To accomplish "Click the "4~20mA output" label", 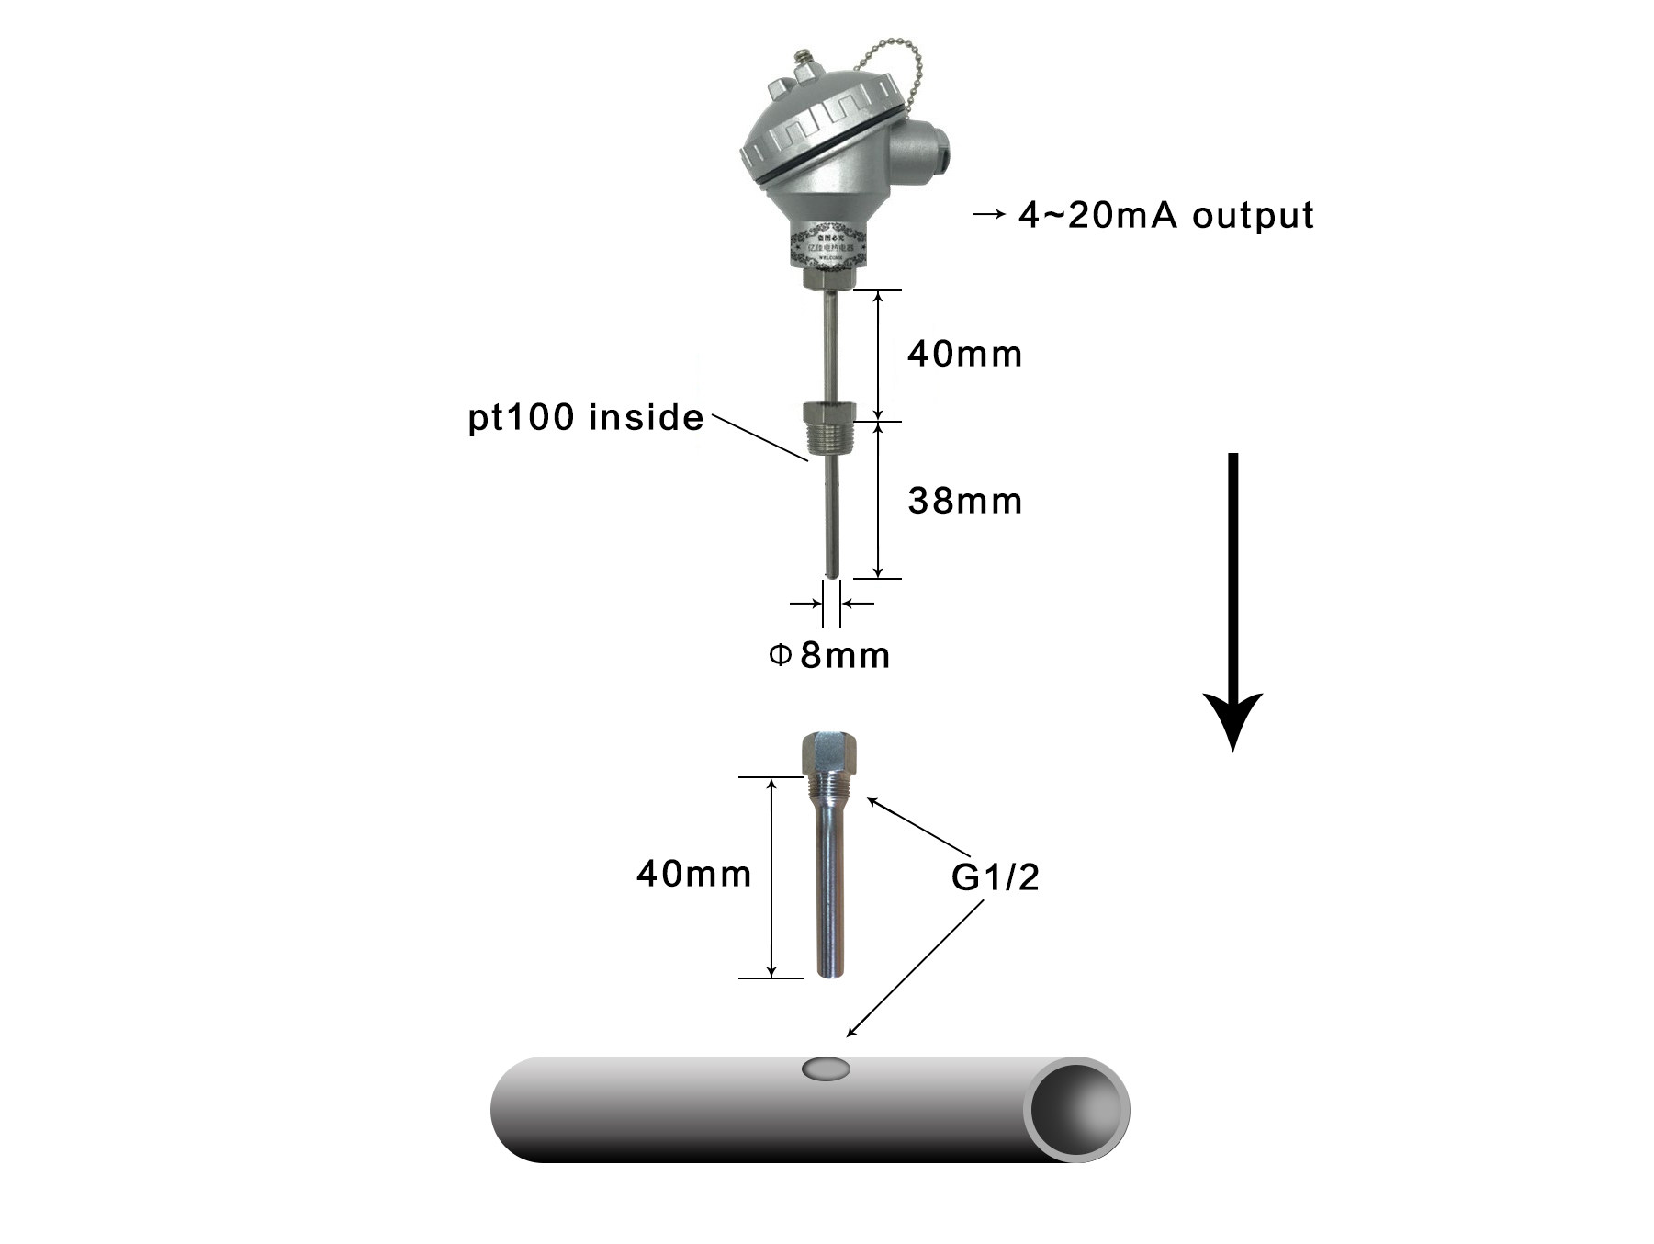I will tap(1165, 216).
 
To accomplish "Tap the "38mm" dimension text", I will tap(964, 502).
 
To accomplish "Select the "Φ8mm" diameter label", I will tap(829, 656).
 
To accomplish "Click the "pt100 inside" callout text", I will tap(586, 418).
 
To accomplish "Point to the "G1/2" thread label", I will tap(995, 877).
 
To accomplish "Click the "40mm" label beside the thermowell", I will tap(693, 874).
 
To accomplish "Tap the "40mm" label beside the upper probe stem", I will tap(964, 355).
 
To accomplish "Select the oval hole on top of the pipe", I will tap(826, 1069).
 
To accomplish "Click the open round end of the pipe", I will tap(1077, 1109).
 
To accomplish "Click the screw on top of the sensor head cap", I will tap(806, 66).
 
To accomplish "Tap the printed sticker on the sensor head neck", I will tap(827, 246).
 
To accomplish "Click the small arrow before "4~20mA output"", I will tap(989, 215).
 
